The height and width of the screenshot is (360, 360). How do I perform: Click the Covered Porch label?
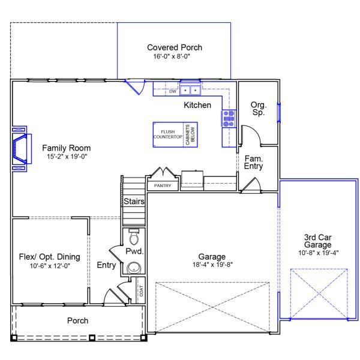point(175,47)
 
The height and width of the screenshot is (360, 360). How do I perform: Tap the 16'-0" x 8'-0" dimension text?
point(172,56)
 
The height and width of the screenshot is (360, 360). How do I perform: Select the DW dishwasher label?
point(173,91)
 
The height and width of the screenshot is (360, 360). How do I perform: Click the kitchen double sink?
point(190,90)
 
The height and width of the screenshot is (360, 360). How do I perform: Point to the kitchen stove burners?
point(229,118)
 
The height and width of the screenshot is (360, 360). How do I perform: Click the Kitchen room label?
point(197,105)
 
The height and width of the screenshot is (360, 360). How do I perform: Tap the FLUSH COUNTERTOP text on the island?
point(168,134)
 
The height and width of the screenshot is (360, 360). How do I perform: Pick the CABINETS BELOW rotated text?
point(190,134)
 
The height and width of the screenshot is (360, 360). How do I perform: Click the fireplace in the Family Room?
point(21,149)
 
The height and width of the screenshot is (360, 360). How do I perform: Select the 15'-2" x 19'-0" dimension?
point(67,157)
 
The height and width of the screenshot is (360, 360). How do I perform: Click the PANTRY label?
point(163,185)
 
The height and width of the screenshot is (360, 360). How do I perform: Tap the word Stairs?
point(134,202)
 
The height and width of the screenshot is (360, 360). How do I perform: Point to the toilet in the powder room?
point(134,237)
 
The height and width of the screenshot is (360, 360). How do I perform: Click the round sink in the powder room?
point(134,268)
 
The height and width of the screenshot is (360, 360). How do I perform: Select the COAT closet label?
point(141,290)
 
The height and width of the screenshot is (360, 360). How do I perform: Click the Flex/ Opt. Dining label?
point(50,257)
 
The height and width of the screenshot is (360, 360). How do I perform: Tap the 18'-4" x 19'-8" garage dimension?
point(212,265)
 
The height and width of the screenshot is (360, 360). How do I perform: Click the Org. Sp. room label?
point(259,109)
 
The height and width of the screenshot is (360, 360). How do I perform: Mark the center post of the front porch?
point(92,338)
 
